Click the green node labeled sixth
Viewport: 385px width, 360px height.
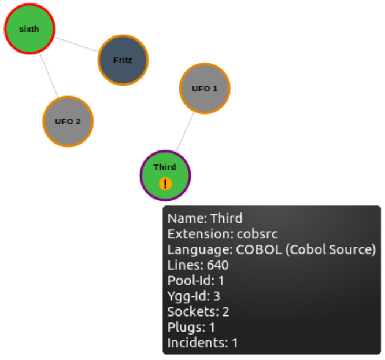point(29,29)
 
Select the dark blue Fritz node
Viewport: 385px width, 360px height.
point(123,60)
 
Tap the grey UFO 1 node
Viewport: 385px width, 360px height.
point(205,89)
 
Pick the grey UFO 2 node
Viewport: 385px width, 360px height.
point(68,122)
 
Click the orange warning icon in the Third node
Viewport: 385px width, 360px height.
point(166,184)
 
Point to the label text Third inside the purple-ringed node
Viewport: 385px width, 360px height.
point(165,167)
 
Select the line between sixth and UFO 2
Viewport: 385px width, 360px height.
point(49,75)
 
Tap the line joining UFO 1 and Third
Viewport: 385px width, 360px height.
point(184,132)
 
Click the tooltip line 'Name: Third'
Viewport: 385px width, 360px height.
point(205,219)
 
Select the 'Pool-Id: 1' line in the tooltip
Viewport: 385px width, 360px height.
point(195,281)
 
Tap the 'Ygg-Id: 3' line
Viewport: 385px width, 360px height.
point(194,296)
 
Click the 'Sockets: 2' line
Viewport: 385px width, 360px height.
point(198,312)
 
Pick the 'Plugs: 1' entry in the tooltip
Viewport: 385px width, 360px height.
point(191,327)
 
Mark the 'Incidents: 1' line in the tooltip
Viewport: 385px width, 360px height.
point(202,343)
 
